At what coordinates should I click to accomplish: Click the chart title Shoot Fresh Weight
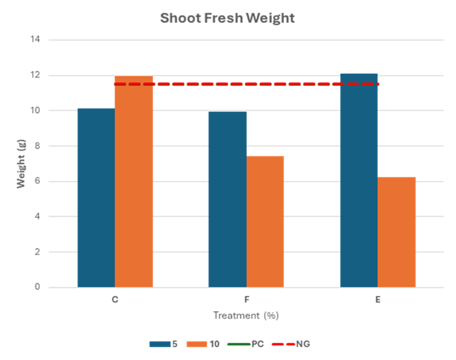click(x=227, y=18)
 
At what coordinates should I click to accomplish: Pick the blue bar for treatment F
click(x=227, y=199)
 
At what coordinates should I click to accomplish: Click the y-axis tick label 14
click(x=35, y=40)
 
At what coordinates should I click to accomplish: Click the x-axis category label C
click(x=114, y=300)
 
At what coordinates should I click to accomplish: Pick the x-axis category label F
click(x=246, y=300)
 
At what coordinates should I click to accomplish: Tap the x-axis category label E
click(x=377, y=300)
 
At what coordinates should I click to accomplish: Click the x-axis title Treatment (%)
click(x=246, y=316)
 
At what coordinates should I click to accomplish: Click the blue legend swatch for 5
click(x=160, y=344)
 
